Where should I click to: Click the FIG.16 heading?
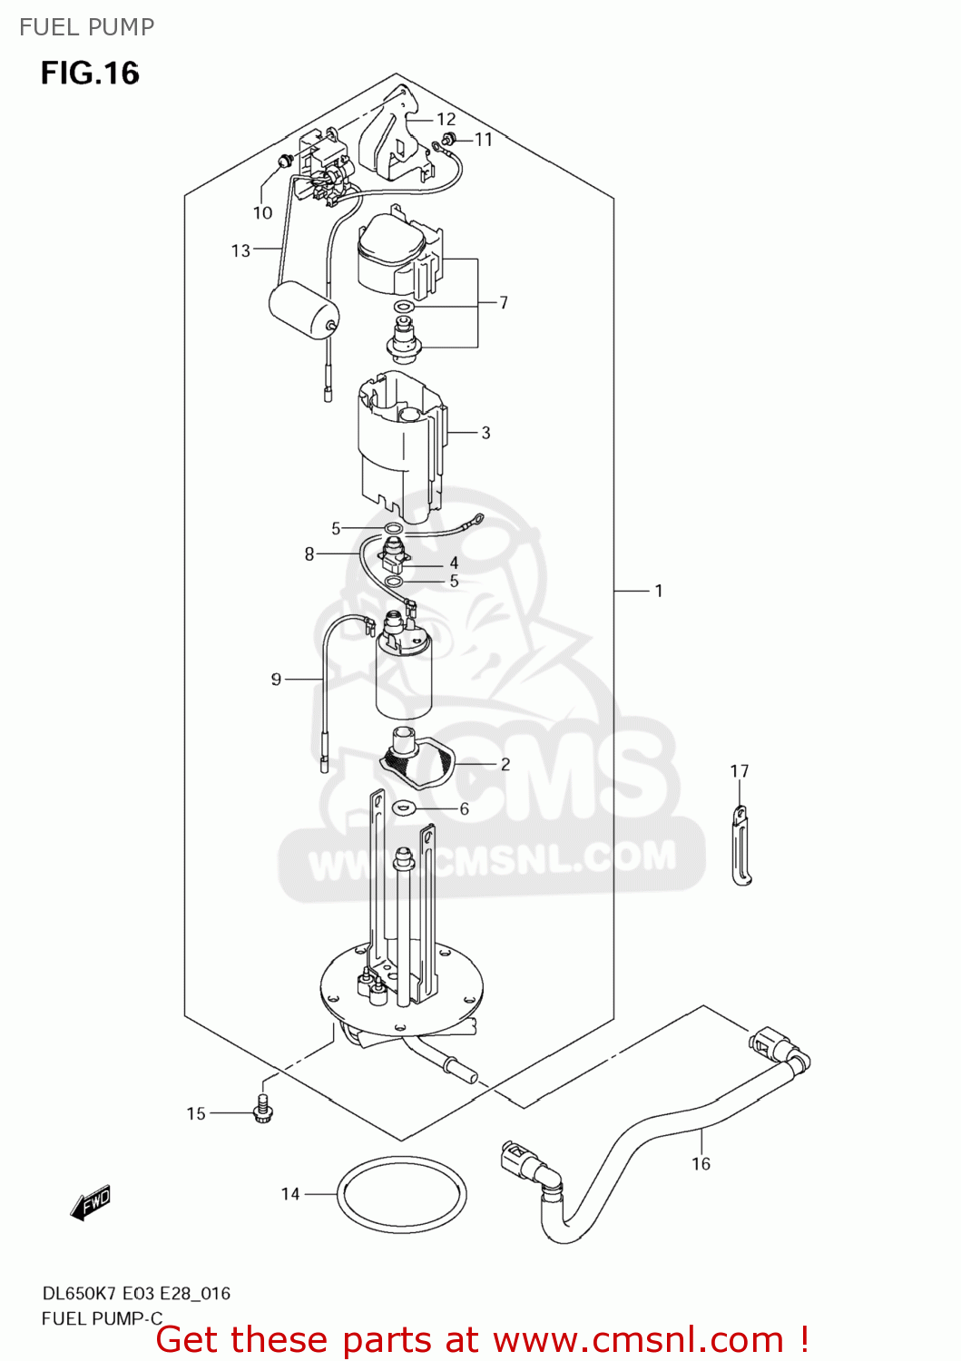click(x=90, y=73)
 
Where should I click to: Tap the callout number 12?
click(x=446, y=119)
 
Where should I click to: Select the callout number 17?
click(x=740, y=771)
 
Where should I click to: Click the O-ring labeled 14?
click(x=401, y=1195)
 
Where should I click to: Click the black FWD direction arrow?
click(x=91, y=1204)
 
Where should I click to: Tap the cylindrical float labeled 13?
click(x=303, y=309)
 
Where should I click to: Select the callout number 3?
click(x=485, y=433)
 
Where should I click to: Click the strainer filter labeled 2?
click(x=417, y=760)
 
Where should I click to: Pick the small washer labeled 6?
click(x=403, y=808)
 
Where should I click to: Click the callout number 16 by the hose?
click(x=701, y=1164)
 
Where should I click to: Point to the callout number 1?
click(x=659, y=591)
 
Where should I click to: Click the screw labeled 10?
click(x=284, y=162)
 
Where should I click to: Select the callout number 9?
click(x=276, y=679)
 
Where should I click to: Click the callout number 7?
click(x=504, y=302)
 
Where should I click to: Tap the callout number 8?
click(x=309, y=553)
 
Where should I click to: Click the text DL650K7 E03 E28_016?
click(x=136, y=1293)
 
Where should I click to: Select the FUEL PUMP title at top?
click(x=87, y=27)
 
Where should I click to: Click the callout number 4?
click(x=454, y=563)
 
